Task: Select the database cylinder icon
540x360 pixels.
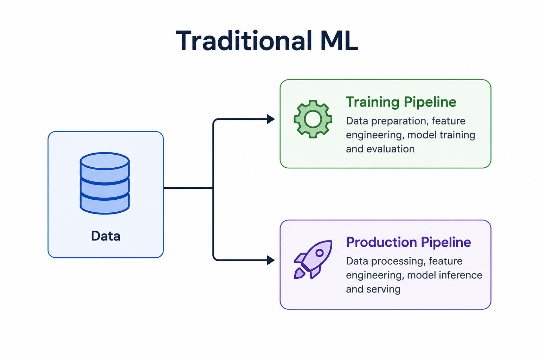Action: coord(105,183)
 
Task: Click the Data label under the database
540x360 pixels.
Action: coord(105,236)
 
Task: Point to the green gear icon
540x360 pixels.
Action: coord(313,119)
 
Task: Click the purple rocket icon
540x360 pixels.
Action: coord(313,259)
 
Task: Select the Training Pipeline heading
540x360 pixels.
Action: coord(401,102)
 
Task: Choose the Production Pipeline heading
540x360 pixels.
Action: coord(409,242)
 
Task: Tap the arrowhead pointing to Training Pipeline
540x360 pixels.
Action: coord(271,119)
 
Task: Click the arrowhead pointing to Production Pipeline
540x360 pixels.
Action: coord(271,260)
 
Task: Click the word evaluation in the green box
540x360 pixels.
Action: coord(391,149)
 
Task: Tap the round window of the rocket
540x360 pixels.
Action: coord(320,253)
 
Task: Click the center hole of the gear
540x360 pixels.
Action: coord(313,119)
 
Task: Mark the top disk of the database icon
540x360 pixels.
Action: coord(105,161)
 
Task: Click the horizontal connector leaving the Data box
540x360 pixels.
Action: coord(188,188)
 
